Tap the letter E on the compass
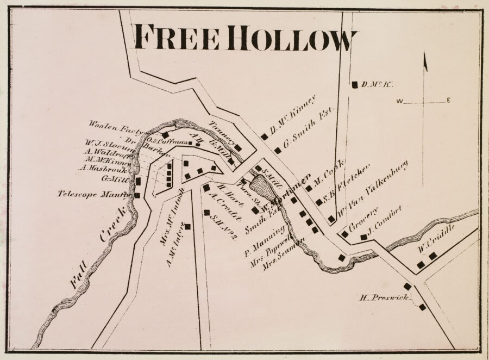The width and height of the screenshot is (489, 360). tap(449, 101)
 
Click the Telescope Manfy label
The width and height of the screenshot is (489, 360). tap(95, 194)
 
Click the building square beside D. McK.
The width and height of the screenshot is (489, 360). tap(355, 84)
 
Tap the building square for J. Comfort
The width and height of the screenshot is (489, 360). tap(363, 237)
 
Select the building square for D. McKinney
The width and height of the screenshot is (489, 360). tap(265, 137)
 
